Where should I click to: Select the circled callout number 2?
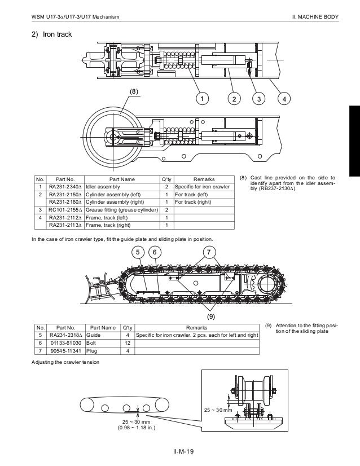[x=232, y=99]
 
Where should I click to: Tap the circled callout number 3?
[x=258, y=99]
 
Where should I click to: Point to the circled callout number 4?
[x=284, y=99]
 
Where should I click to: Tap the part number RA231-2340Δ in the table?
[x=65, y=186]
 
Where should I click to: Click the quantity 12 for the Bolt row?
[x=128, y=342]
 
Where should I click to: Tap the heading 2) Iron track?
[x=51, y=34]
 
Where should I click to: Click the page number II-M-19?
[x=183, y=451]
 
